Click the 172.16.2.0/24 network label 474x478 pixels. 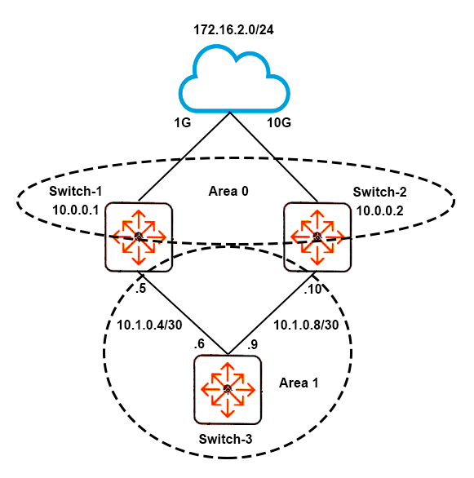pyautogui.click(x=233, y=30)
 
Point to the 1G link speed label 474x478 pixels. pyautogui.click(x=183, y=123)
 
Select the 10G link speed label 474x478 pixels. pyautogui.click(x=279, y=123)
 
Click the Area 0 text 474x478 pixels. pyautogui.click(x=228, y=191)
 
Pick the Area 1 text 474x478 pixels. pyautogui.click(x=299, y=383)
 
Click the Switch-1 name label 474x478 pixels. pyautogui.click(x=75, y=191)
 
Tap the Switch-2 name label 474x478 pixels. pyautogui.click(x=379, y=192)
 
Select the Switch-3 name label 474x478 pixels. pyautogui.click(x=225, y=440)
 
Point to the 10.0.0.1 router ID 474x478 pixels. pyautogui.click(x=75, y=210)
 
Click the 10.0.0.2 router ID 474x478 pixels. pyautogui.click(x=380, y=210)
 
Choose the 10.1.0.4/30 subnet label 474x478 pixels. pyautogui.click(x=149, y=325)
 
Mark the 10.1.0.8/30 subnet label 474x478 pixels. pyautogui.click(x=306, y=325)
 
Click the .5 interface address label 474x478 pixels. pyautogui.click(x=141, y=288)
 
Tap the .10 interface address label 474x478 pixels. pyautogui.click(x=312, y=289)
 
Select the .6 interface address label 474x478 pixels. pyautogui.click(x=199, y=344)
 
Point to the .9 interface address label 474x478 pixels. pyautogui.click(x=252, y=344)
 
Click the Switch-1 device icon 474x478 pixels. pyautogui.click(x=139, y=237)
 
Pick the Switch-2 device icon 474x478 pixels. pyautogui.click(x=317, y=237)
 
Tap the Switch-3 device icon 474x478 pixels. pyautogui.click(x=228, y=390)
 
